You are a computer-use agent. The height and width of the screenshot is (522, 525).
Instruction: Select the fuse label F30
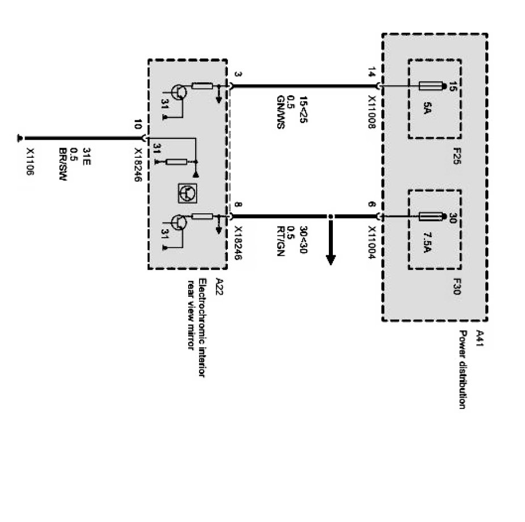pos(457,284)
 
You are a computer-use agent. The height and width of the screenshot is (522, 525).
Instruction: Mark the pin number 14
pos(372,73)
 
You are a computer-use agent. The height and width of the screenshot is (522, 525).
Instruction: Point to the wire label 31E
pos(87,154)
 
